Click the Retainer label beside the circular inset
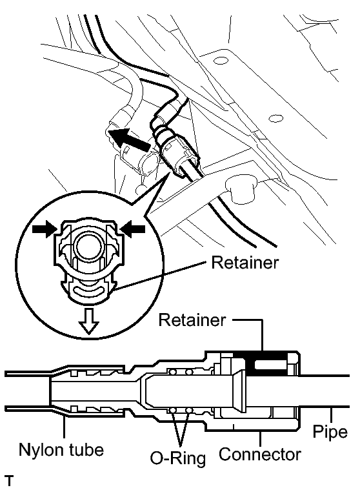[245, 263]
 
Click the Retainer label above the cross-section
[192, 320]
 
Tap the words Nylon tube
[61, 450]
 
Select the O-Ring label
[178, 458]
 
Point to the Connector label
[260, 454]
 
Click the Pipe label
[330, 431]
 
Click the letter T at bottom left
[10, 481]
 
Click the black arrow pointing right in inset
[45, 229]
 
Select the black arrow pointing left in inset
[133, 229]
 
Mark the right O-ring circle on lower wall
[188, 410]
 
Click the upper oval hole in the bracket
[222, 60]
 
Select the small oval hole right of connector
[276, 118]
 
